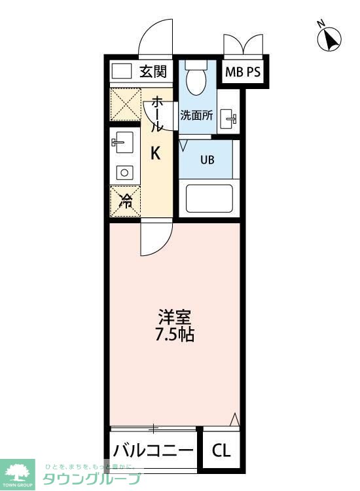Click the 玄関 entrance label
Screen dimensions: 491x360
[x=153, y=71]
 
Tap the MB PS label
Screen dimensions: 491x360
[x=243, y=72]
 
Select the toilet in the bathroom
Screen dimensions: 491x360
[x=196, y=81]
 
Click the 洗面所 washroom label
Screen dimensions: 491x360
[x=196, y=115]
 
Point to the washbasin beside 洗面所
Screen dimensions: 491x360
[x=229, y=119]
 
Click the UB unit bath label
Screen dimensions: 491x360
[x=207, y=160]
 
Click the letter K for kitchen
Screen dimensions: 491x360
[x=156, y=154]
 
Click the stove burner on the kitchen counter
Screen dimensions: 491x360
[x=124, y=172]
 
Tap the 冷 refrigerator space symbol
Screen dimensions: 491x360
[x=124, y=201]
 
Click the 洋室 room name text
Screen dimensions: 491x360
[x=175, y=317]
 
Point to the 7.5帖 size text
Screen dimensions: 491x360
[x=175, y=335]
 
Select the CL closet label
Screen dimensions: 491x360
[x=221, y=451]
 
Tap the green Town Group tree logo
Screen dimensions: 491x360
[x=19, y=471]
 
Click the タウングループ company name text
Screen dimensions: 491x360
[x=92, y=479]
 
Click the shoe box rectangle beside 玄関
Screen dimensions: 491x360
[x=122, y=71]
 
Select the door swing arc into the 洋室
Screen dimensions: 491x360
[x=156, y=239]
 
